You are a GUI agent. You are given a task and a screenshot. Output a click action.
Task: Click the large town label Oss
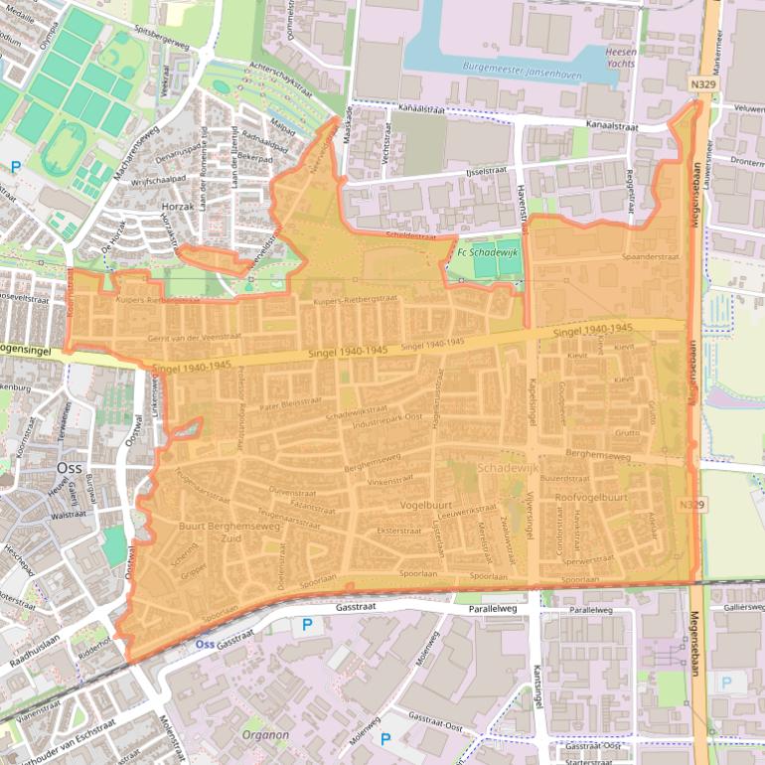click(69, 467)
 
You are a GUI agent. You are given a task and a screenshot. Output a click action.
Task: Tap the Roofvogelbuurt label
click(591, 497)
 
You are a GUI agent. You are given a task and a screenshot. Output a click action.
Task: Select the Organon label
click(265, 735)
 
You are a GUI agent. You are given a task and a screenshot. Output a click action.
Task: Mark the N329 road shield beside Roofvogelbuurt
click(693, 506)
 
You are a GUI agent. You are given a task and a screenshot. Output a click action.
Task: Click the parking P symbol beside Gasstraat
click(307, 624)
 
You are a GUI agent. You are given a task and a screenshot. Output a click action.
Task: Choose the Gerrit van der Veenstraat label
click(194, 337)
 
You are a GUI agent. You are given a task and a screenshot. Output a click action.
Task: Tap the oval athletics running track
click(66, 149)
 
